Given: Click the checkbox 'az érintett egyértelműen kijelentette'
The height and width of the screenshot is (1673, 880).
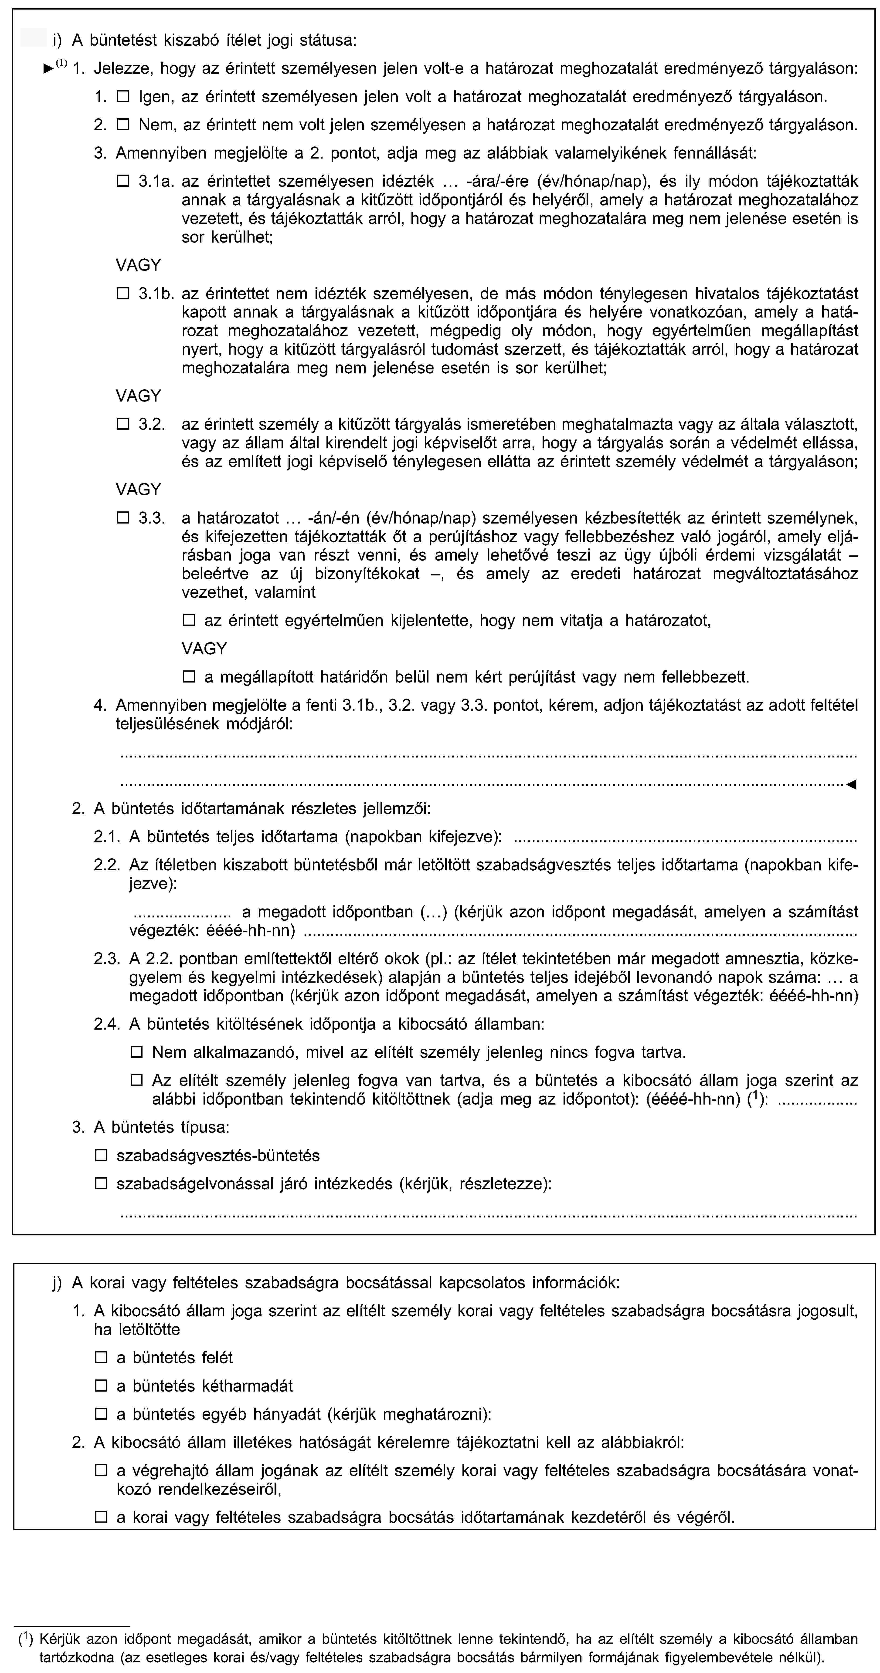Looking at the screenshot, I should (x=189, y=620).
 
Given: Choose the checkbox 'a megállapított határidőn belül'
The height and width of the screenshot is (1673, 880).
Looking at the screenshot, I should (x=189, y=677).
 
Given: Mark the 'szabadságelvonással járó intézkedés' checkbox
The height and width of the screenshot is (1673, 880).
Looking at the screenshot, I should (x=101, y=1183).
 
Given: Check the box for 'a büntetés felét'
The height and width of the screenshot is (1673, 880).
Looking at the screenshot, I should (x=101, y=1357).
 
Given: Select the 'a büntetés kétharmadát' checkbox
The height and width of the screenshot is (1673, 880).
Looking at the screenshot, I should (x=101, y=1386).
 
